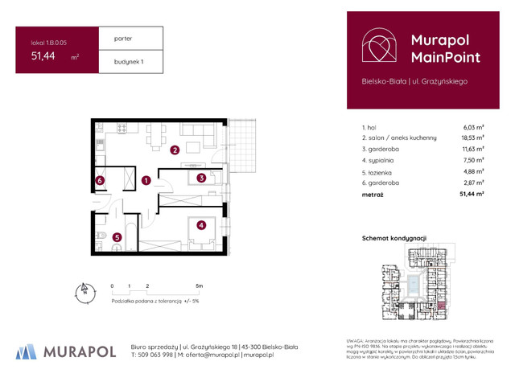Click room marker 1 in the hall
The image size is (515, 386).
[x=146, y=181]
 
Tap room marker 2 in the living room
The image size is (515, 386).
[x=175, y=150]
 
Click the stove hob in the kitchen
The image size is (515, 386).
[x=122, y=128]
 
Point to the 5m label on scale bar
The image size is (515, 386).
[x=199, y=286]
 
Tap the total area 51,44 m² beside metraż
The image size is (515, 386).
[x=472, y=194]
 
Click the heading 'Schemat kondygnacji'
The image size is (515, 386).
[x=394, y=239]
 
